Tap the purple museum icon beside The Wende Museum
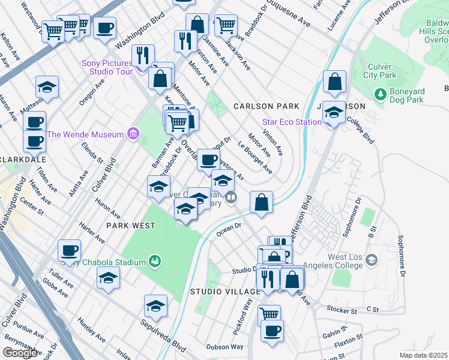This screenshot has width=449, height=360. (133, 134)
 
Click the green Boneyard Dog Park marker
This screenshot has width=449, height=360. (379, 95)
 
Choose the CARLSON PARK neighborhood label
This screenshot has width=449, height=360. (266, 106)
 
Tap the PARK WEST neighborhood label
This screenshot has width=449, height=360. (130, 226)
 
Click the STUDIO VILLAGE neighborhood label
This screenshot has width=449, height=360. (226, 292)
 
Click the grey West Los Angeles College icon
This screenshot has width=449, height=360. (372, 260)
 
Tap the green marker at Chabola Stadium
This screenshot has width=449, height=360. (155, 261)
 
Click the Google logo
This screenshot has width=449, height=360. (20, 353)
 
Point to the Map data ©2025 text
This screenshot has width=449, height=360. (423, 355)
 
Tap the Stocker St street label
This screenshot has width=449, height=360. (342, 310)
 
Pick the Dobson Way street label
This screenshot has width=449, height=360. (225, 347)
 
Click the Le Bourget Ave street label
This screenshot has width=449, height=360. (255, 157)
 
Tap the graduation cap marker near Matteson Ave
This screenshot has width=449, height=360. (47, 88)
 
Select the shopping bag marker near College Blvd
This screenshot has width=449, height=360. (335, 82)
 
